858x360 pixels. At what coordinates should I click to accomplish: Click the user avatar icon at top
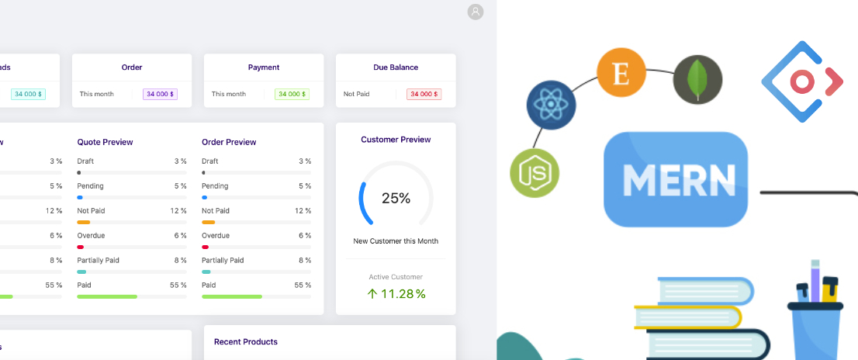point(476,12)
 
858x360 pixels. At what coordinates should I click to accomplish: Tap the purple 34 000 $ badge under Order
point(161,94)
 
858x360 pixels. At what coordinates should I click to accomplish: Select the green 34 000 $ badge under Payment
point(292,94)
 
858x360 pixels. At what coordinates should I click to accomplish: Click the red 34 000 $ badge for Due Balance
point(424,94)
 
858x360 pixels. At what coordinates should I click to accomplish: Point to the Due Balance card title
point(396,67)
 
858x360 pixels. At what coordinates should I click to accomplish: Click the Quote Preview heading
point(105,142)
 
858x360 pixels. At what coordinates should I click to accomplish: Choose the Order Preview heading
point(229,142)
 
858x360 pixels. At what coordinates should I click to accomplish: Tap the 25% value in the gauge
point(396,198)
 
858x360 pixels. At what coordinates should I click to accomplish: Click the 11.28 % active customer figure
point(396,293)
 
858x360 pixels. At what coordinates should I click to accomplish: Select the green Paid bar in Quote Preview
point(107,296)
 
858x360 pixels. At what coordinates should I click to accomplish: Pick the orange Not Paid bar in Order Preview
point(208,223)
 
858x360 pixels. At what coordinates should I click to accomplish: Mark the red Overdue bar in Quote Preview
point(81,247)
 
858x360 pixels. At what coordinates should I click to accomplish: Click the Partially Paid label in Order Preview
point(223,260)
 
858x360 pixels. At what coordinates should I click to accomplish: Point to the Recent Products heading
point(245,341)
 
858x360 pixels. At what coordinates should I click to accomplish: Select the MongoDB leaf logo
point(697,80)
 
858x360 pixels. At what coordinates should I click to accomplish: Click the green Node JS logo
point(534,172)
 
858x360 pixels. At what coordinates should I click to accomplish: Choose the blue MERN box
point(675,179)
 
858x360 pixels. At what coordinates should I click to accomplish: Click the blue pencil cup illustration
point(818,322)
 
